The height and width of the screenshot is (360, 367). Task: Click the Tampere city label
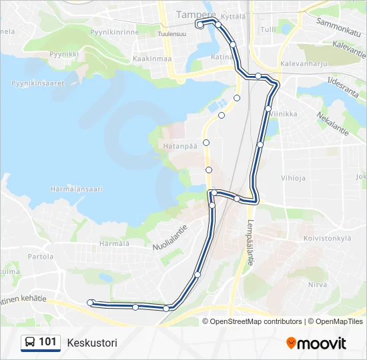point(196,14)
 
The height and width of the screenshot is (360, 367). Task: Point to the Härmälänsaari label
point(77,189)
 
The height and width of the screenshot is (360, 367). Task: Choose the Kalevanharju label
point(305,65)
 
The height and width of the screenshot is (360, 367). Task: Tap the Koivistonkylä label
point(327,237)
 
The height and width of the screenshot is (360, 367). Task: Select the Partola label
point(40,256)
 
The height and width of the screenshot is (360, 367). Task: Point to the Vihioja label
point(294,178)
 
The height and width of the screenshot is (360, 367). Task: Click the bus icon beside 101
point(30,343)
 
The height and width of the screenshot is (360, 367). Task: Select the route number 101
point(48,343)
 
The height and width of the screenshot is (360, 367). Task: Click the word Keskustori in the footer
point(92,343)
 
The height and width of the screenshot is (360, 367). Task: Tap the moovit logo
point(316,343)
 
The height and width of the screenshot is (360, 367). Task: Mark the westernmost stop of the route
point(91,303)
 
